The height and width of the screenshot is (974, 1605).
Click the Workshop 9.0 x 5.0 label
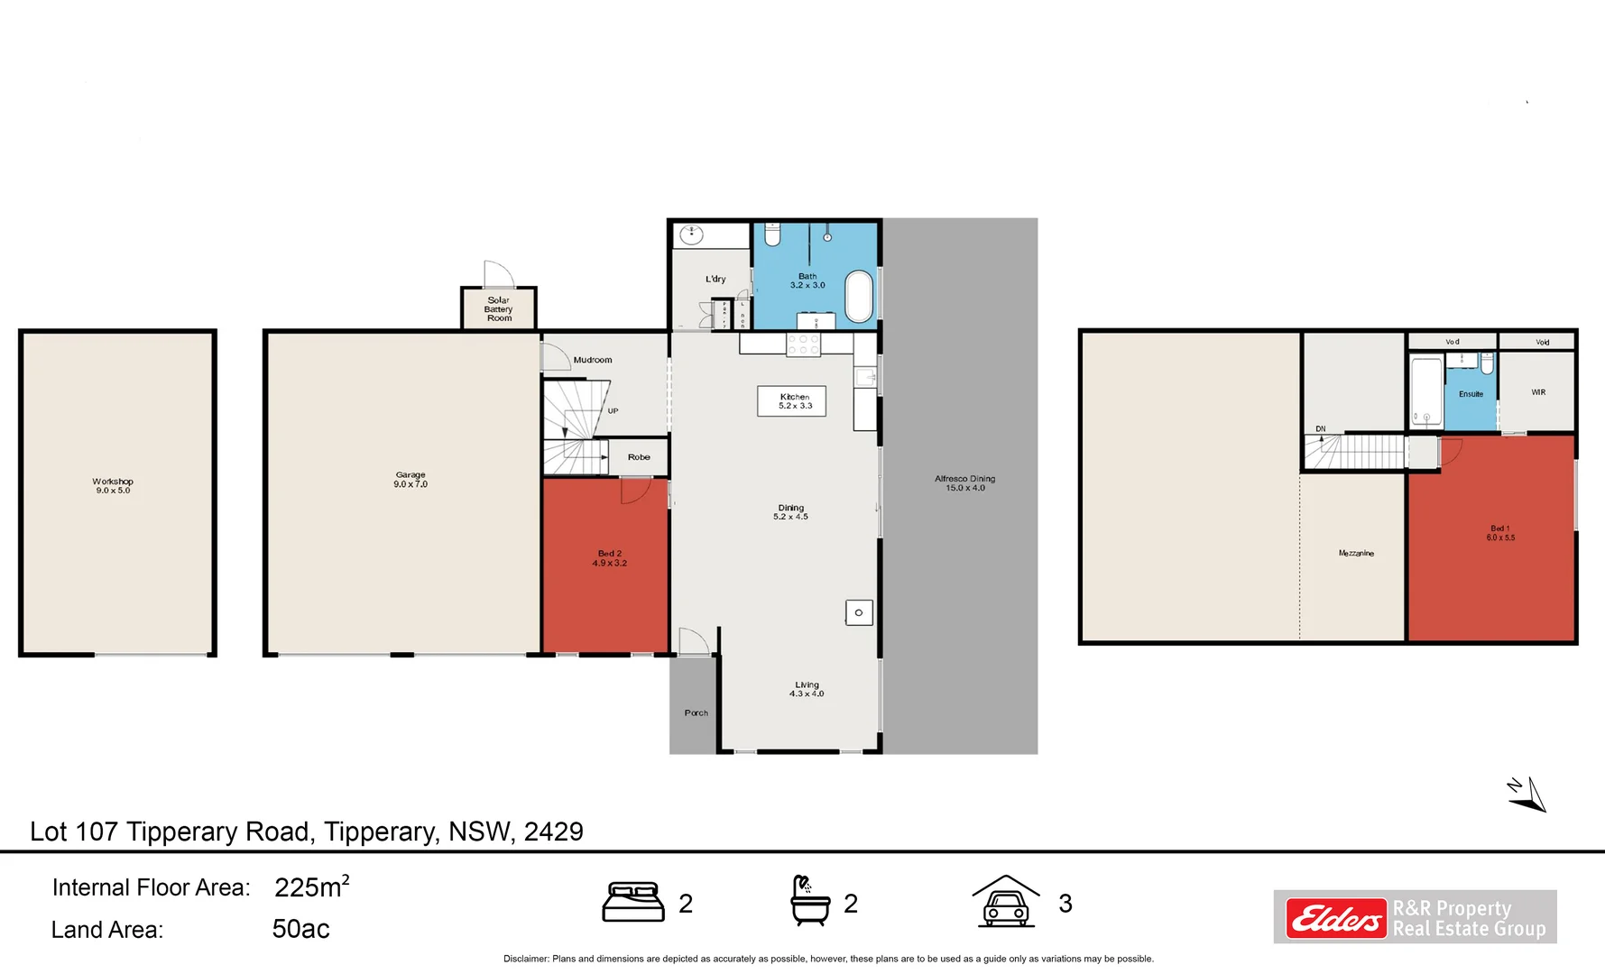(x=113, y=486)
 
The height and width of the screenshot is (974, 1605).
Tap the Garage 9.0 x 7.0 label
(x=410, y=480)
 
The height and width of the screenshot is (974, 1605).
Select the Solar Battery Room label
(x=499, y=309)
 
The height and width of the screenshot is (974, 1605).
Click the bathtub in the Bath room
(x=859, y=296)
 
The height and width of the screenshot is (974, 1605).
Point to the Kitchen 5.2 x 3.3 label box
(x=792, y=401)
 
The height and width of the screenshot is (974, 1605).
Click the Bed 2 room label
(x=610, y=558)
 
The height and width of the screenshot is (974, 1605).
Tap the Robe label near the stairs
(x=639, y=457)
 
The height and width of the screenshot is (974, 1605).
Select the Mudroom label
(x=593, y=360)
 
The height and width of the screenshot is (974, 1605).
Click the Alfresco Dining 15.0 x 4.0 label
(x=964, y=483)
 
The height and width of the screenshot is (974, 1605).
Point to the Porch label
(x=696, y=713)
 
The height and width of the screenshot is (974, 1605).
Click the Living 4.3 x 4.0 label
(x=807, y=689)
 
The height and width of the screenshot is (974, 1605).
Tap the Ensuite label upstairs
(x=1471, y=394)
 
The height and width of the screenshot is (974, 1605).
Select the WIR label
(x=1538, y=392)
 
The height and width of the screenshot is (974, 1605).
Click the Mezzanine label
(x=1356, y=553)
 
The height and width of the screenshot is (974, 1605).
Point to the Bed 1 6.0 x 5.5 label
(x=1500, y=533)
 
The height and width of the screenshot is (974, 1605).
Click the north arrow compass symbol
(x=1528, y=795)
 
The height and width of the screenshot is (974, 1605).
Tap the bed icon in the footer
(x=633, y=902)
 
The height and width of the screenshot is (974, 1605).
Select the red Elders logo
(x=1335, y=918)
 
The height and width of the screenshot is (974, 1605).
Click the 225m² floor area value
(x=311, y=887)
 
